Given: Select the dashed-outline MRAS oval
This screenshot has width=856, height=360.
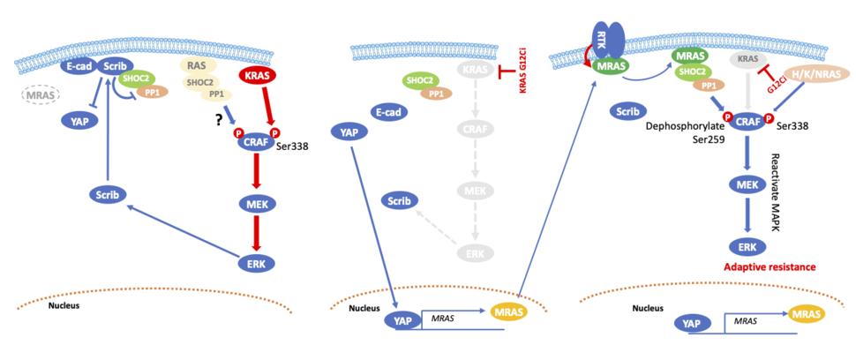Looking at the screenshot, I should (39, 94).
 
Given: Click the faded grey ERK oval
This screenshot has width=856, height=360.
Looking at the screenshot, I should (477, 254).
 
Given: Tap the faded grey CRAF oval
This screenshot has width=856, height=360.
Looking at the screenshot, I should (477, 130).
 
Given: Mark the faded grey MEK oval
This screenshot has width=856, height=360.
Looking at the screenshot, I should (477, 190).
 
